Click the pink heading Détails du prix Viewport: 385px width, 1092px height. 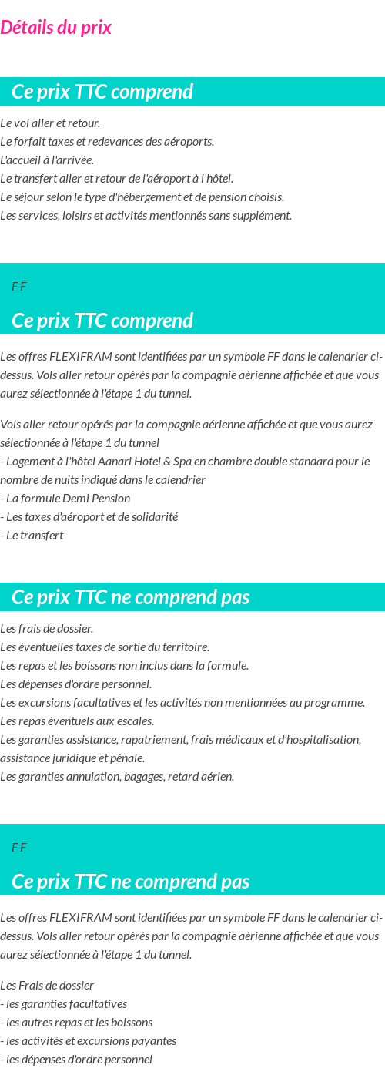click(x=55, y=28)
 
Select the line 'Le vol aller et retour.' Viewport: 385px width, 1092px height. click(x=50, y=123)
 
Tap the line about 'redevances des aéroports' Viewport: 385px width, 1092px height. click(x=107, y=142)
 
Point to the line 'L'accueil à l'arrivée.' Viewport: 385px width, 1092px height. click(x=47, y=160)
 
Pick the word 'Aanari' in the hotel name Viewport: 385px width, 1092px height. click(x=115, y=462)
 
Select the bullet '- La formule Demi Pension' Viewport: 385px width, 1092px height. click(x=65, y=499)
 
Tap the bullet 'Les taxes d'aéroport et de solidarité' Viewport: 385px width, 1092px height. click(x=89, y=517)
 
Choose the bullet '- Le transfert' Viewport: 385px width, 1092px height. click(x=32, y=536)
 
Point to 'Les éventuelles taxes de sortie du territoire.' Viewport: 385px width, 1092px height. click(x=105, y=647)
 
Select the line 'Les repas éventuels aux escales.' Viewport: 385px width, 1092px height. click(x=77, y=721)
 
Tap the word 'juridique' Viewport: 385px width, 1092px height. click(x=80, y=758)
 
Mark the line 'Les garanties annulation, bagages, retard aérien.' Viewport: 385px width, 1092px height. click(x=117, y=777)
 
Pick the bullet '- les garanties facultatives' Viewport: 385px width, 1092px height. click(x=64, y=1004)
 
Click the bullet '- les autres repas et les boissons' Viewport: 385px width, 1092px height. click(x=76, y=1023)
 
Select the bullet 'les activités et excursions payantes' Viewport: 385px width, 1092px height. click(x=89, y=1041)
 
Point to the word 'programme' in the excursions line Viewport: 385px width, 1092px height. click(x=337, y=703)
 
